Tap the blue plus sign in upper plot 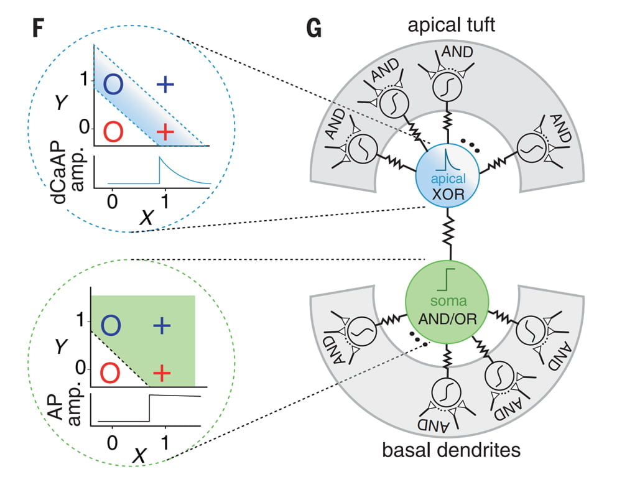point(165,85)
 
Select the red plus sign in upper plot point(165,132)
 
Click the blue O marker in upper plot point(113,85)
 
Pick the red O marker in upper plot point(113,132)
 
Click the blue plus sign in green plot point(161,325)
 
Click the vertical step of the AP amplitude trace point(149,408)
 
